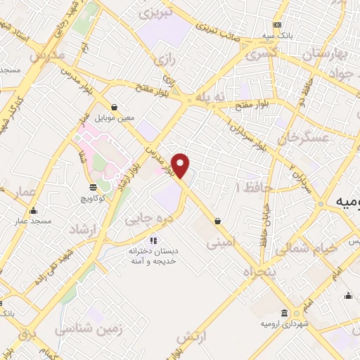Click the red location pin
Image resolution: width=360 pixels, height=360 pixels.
[x=181, y=166]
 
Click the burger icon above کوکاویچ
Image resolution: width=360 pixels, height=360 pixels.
[x=94, y=187]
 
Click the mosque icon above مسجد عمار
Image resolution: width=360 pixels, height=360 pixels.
[x=33, y=211]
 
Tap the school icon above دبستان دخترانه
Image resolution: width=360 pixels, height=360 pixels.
[x=153, y=241]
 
